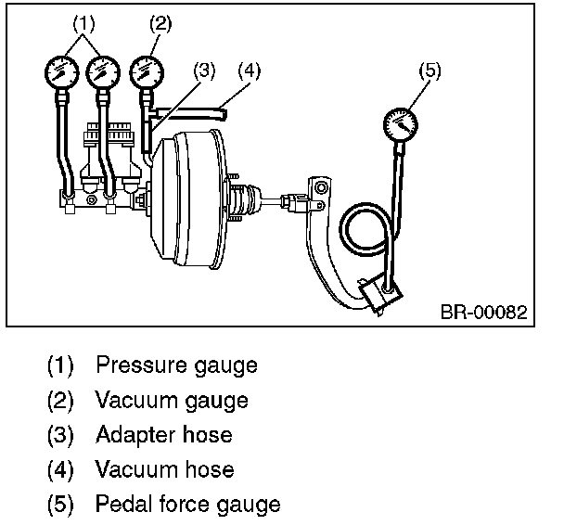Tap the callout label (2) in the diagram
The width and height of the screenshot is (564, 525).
click(160, 24)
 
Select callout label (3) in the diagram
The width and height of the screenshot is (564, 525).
click(206, 70)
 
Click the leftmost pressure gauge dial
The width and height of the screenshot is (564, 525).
click(60, 70)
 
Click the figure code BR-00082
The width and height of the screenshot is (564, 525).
click(483, 312)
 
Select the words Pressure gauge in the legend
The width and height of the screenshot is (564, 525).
click(176, 365)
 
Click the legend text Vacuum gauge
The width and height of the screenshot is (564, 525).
click(172, 401)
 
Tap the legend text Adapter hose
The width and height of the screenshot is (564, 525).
click(163, 435)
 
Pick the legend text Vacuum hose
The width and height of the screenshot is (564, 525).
click(164, 470)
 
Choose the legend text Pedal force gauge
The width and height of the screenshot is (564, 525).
click(187, 505)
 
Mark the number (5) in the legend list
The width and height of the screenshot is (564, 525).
click(61, 505)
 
